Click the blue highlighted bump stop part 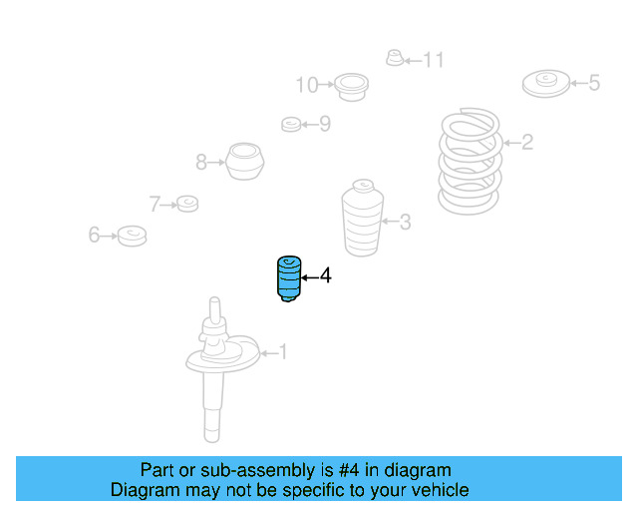(287, 278)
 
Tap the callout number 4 (325, 275)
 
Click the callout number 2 (527, 143)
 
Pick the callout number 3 (405, 222)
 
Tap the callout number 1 (282, 351)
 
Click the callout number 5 (594, 83)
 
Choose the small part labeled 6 (132, 236)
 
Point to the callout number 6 (94, 236)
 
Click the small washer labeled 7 (186, 205)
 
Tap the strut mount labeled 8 (244, 161)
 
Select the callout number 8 (200, 161)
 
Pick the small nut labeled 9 (291, 125)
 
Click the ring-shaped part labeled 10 (350, 86)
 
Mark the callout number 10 (306, 86)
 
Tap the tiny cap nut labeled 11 (394, 59)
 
